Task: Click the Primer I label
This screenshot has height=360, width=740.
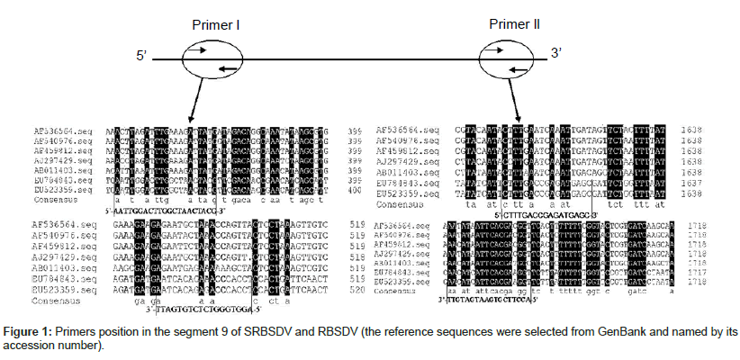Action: (212, 24)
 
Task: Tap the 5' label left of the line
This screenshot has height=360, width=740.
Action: (142, 56)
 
